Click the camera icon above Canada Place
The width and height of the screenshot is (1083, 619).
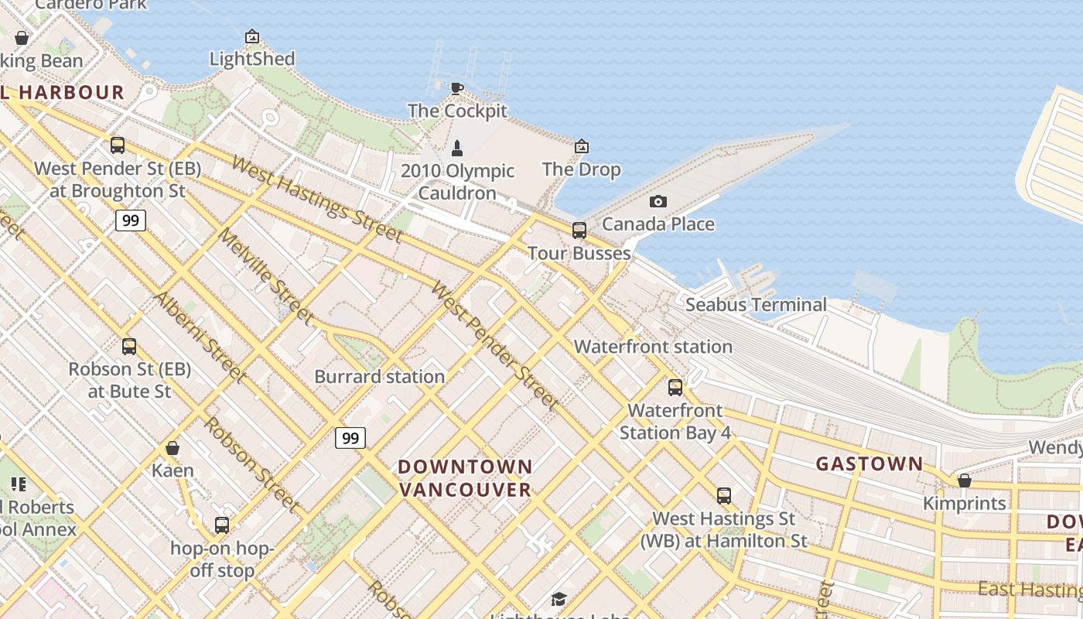[658, 202]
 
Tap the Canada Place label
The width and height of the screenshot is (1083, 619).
[658, 224]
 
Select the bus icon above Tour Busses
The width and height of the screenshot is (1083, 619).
[579, 230]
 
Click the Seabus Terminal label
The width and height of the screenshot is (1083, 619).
[756, 305]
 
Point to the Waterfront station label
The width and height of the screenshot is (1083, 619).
[653, 347]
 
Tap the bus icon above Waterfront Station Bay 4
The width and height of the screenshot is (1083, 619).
[675, 387]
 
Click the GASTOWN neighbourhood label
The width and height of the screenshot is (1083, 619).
[869, 464]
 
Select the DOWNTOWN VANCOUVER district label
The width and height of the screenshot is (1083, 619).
[465, 478]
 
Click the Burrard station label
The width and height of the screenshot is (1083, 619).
[379, 377]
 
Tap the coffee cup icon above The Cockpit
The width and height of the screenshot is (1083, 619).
[457, 88]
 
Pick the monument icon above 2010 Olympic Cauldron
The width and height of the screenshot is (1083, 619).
[457, 147]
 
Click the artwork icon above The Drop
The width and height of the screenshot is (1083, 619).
[581, 146]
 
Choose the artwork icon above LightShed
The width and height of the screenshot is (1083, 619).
[251, 36]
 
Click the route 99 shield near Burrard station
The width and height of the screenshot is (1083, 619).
[350, 438]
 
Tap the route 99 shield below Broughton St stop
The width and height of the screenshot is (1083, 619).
[131, 221]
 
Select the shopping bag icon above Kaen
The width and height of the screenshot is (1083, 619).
[173, 448]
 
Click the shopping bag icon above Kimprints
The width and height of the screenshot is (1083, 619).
[964, 480]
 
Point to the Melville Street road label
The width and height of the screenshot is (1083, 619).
[265, 275]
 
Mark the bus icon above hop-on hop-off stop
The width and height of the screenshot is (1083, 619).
[222, 525]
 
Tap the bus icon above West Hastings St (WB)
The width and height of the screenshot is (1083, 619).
[723, 495]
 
